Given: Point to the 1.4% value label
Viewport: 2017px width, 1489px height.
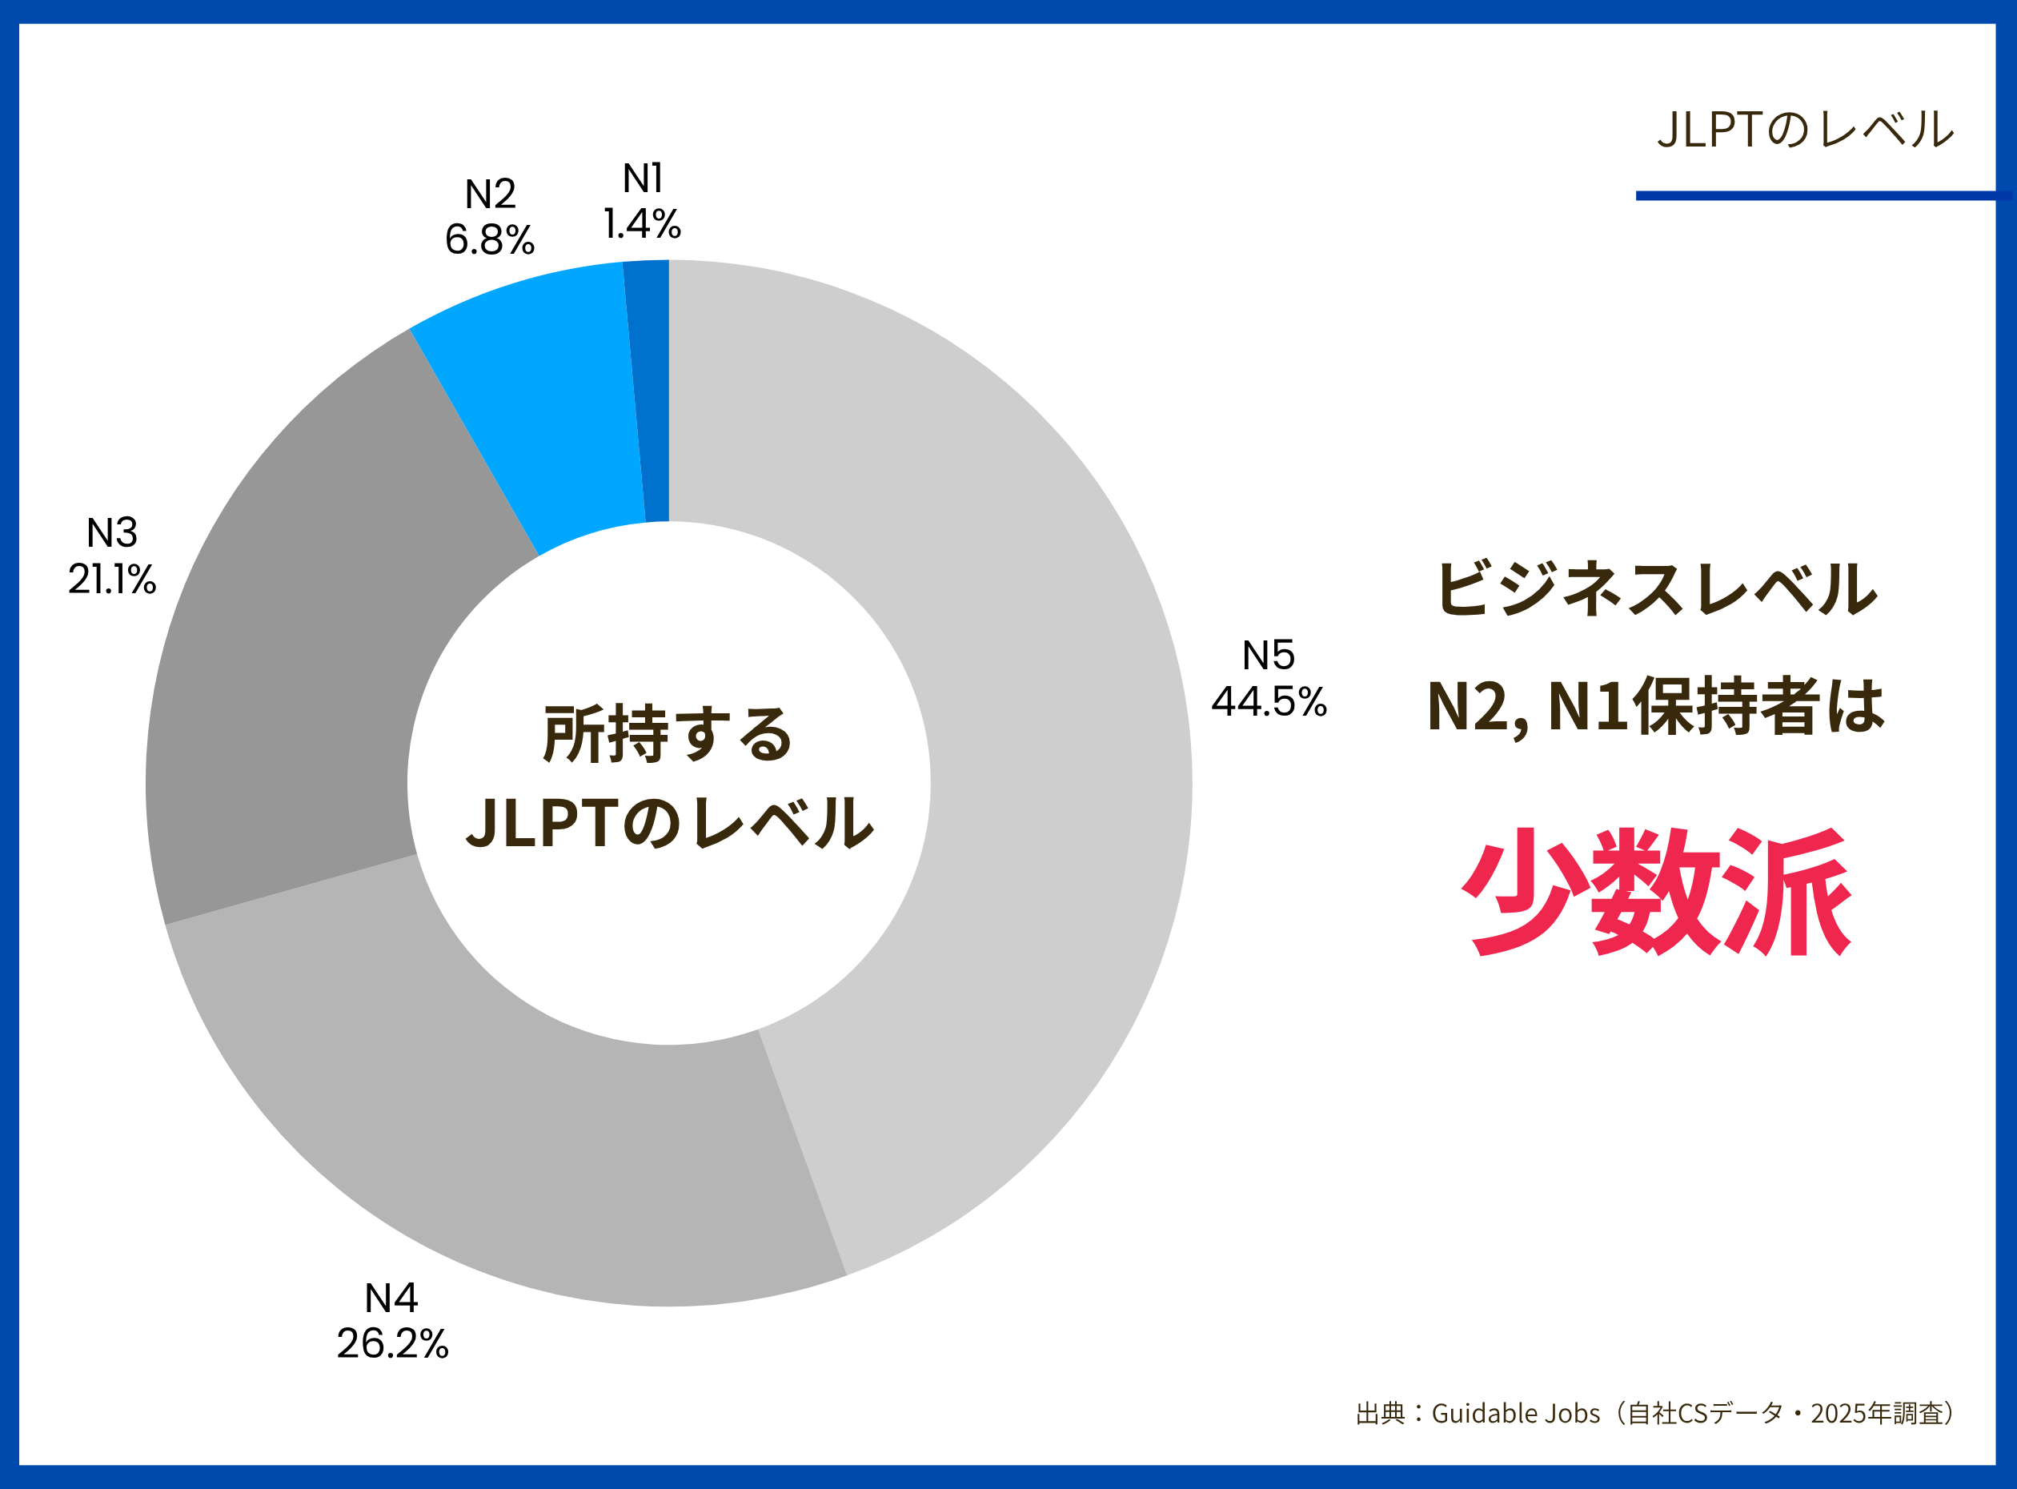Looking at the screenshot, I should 642,224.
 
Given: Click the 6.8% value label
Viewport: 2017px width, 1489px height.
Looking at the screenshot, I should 489,239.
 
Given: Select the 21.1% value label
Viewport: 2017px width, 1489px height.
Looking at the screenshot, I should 112,579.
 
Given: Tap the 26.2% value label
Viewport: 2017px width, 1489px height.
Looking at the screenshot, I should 392,1344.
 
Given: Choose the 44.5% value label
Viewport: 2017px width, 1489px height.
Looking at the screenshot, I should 1269,701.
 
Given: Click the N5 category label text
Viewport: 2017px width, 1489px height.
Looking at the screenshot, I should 1269,656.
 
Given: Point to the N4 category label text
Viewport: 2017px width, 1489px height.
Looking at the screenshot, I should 391,1298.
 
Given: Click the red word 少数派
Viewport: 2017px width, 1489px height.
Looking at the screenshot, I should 1657,893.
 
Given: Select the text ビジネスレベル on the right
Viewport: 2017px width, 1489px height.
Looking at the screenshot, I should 1657,589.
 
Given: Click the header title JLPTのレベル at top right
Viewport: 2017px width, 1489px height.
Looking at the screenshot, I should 1805,130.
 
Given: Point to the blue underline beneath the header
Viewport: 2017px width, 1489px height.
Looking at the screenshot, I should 1821,195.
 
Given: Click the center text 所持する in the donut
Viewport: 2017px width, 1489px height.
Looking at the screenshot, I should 668,735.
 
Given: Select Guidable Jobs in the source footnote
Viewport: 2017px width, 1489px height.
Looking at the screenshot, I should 1515,1413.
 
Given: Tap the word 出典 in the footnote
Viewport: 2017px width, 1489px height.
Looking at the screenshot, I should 1380,1413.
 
